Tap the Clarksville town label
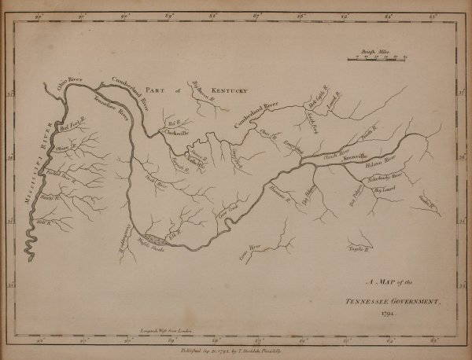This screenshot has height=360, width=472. point(176,133)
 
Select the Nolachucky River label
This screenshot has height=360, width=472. point(385,178)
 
